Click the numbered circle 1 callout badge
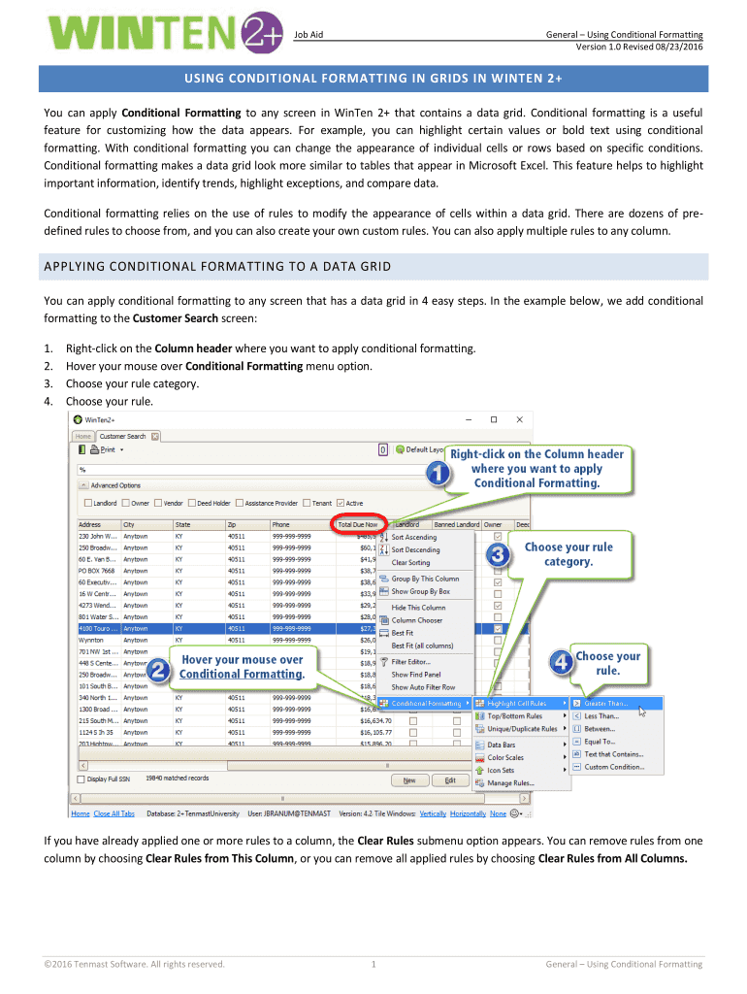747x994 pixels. [x=438, y=475]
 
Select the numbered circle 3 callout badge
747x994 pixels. [x=498, y=556]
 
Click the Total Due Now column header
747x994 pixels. [x=358, y=525]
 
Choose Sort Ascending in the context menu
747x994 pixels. [x=414, y=537]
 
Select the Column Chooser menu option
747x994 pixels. [x=416, y=619]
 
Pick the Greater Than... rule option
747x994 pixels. [x=606, y=703]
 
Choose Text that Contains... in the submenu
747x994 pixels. [x=613, y=753]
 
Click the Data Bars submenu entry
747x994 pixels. [x=502, y=745]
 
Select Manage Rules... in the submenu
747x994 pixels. [x=510, y=782]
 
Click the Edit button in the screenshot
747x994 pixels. [x=450, y=779]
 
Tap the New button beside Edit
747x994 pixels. [x=409, y=779]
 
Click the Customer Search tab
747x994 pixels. [x=122, y=436]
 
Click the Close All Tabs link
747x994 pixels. [x=115, y=813]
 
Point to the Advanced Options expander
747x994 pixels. [x=83, y=485]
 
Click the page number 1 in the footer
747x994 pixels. [x=373, y=964]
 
